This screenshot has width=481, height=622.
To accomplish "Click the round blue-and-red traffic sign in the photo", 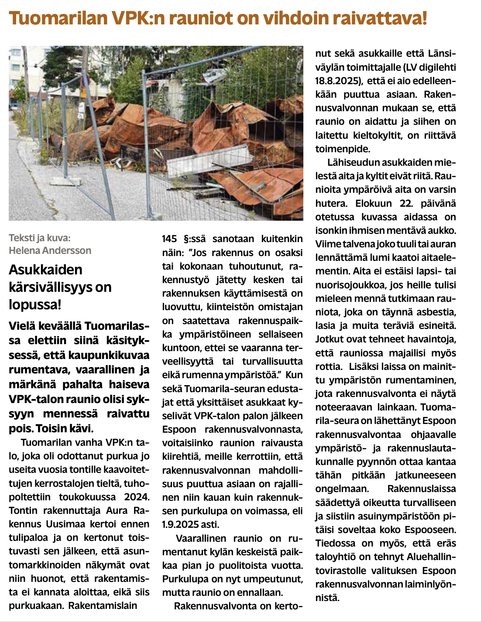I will [x=87, y=81].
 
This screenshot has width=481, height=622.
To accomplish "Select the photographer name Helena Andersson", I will [x=50, y=250].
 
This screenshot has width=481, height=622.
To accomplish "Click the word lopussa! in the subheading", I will [x=35, y=304].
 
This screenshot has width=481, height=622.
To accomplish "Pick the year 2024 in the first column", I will [x=136, y=497].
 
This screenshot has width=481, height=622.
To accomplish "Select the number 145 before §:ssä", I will [x=169, y=239].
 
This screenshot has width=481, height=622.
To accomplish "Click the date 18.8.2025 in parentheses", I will [x=339, y=81].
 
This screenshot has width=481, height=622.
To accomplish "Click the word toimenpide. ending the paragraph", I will [x=343, y=149].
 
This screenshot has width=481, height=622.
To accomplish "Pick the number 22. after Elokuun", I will [x=406, y=203].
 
